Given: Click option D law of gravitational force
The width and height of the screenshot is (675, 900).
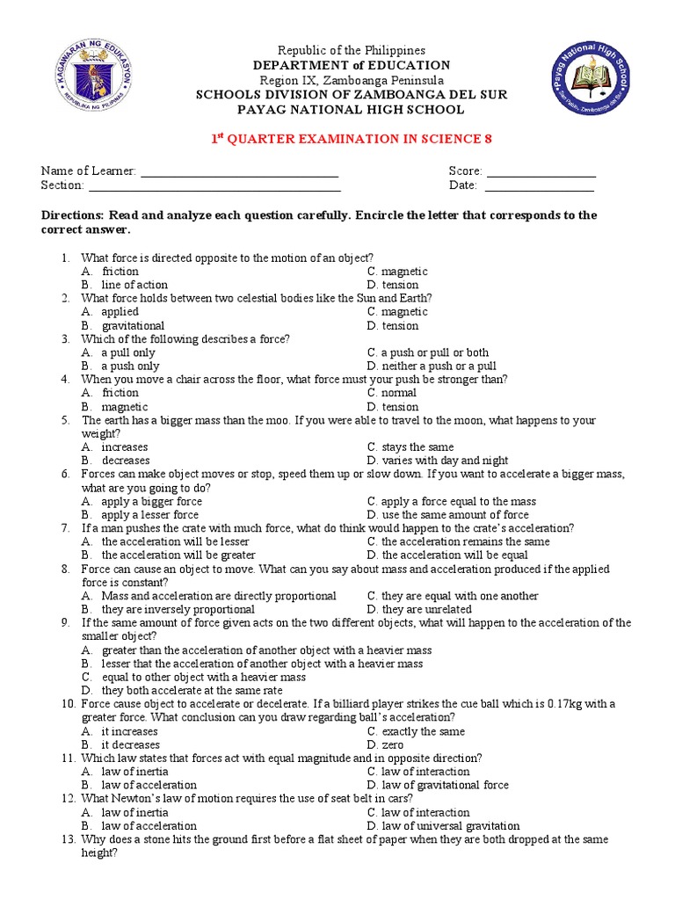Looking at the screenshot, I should [x=438, y=785].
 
